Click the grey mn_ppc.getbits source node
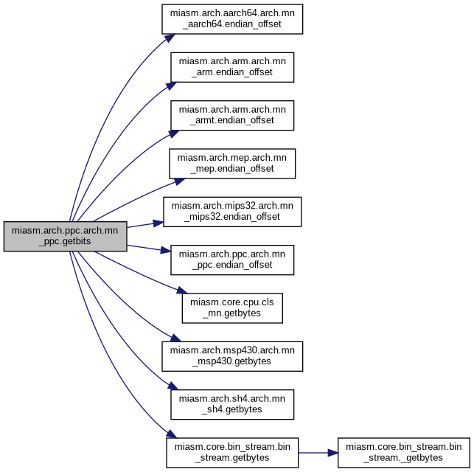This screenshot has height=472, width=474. pos(66,236)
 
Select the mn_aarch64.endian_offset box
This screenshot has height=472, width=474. pos(232,19)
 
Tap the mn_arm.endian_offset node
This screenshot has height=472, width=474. pos(232,67)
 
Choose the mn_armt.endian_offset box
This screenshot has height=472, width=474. pos(232,116)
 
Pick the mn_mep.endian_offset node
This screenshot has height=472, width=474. pos(232,164)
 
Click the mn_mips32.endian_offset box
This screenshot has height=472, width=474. pos(232,212)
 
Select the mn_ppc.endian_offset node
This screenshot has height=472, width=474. pos(232,260)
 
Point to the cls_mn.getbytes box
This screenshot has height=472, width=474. pos(232,308)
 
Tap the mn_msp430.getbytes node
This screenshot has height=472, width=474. pos(232,356)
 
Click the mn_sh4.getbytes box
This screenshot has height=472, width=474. pos(232,405)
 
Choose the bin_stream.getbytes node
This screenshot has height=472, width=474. pos(232,453)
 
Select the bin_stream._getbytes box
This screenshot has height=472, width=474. pos(403,453)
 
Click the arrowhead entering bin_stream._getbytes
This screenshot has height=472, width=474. pos(332,453)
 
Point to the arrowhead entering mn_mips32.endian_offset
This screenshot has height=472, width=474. pos(158,223)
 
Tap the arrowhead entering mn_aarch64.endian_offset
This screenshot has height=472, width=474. pos(170,38)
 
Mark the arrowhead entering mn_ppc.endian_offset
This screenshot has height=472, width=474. pos(166,250)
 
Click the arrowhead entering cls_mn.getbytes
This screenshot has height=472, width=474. pos(182,291)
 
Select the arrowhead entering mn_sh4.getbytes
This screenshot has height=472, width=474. pos(173,386)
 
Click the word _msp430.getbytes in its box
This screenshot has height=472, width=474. pos(232,361)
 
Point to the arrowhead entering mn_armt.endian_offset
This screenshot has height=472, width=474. pos(174,133)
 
